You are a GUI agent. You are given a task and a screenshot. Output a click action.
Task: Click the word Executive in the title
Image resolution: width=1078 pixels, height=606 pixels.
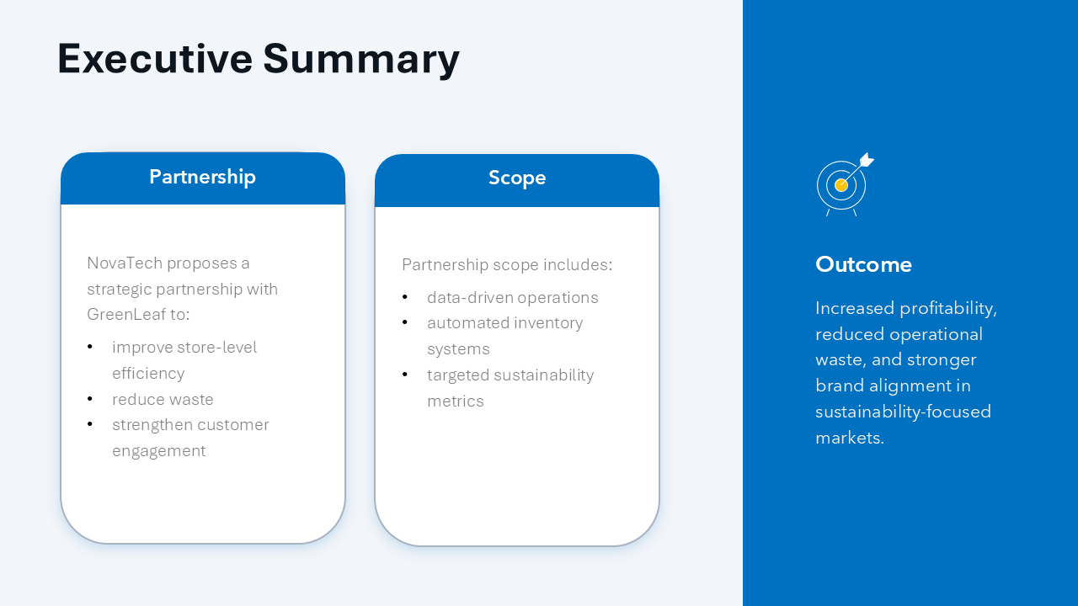[155, 59]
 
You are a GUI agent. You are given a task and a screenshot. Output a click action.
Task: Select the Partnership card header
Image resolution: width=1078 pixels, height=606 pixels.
[202, 178]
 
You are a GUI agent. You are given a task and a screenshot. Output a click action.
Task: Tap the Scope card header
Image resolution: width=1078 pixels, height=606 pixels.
[517, 178]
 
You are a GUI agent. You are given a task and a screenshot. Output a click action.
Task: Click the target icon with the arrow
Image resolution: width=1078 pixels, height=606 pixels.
[844, 183]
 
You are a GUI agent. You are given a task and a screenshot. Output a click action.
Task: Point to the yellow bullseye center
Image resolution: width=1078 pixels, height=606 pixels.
[841, 185]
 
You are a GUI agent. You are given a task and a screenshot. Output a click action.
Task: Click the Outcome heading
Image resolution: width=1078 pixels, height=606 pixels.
[863, 264]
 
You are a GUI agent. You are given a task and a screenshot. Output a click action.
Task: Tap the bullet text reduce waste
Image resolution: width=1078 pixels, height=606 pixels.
[163, 400]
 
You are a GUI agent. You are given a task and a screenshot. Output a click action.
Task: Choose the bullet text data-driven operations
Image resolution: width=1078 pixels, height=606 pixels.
[512, 298]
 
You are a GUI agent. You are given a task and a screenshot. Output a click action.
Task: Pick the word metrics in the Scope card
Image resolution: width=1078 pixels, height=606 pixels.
[455, 401]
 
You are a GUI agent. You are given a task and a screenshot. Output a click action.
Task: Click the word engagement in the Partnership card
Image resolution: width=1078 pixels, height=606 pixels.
[158, 451]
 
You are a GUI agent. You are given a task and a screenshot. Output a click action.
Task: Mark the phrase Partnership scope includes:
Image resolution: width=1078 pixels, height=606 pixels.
[507, 265]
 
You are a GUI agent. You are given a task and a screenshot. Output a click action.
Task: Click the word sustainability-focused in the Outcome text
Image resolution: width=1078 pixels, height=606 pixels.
[903, 412]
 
